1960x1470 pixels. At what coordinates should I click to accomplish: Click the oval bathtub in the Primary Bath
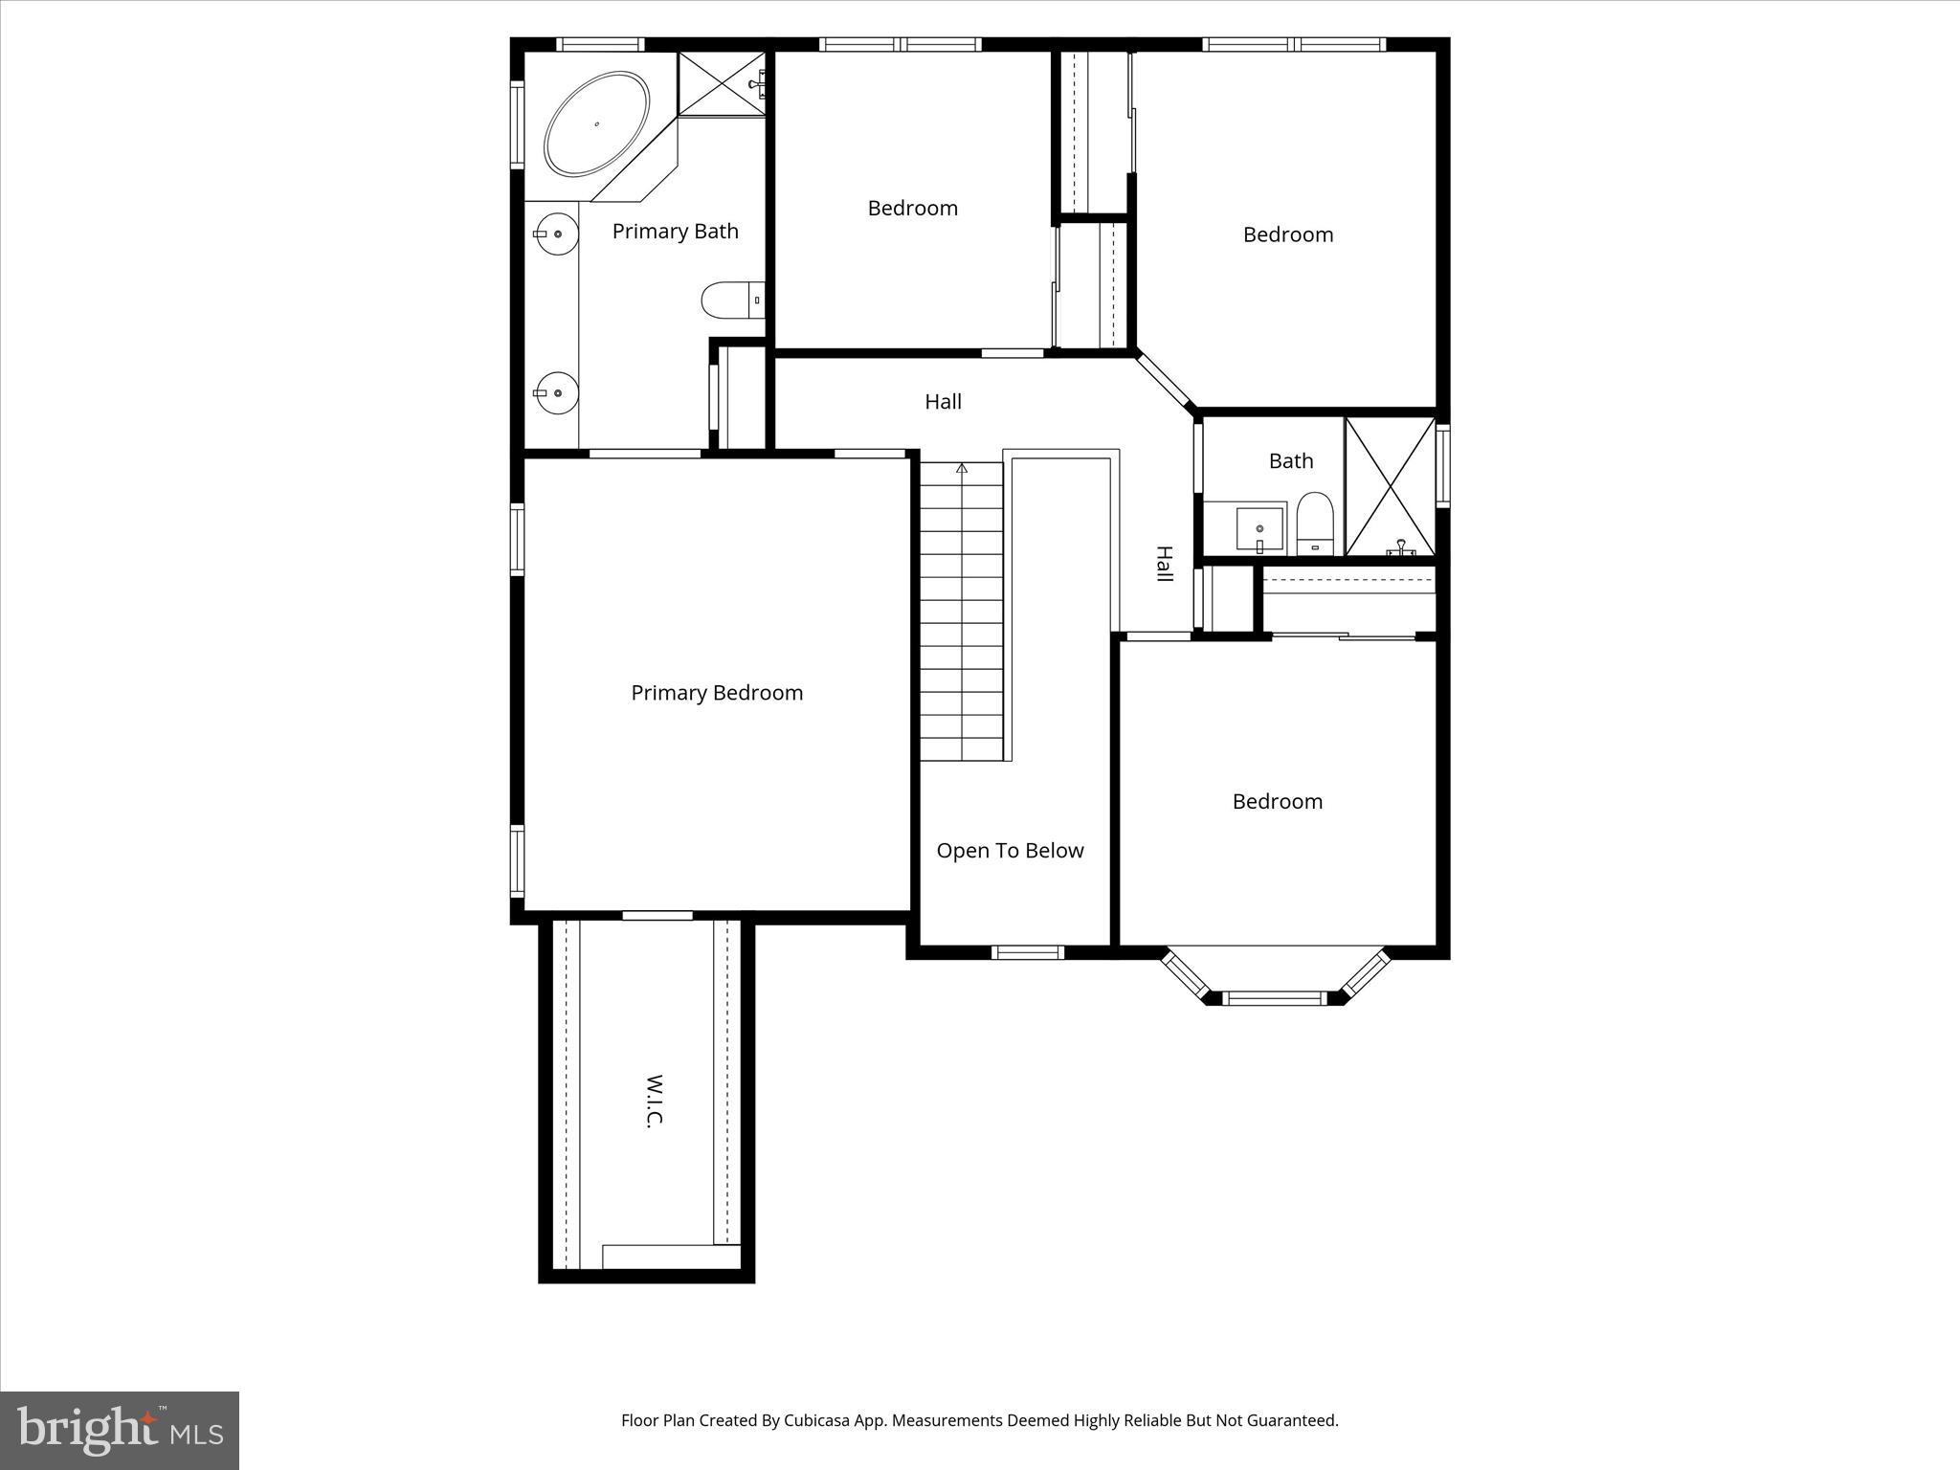[x=596, y=123]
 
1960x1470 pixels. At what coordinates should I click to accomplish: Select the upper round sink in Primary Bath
[x=556, y=234]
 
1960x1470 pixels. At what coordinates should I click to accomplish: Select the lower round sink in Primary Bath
[x=556, y=392]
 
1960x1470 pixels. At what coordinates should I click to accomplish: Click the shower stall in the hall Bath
[x=1391, y=486]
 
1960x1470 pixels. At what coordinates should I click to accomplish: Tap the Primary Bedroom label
[x=717, y=693]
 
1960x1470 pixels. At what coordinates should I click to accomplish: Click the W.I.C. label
[x=655, y=1101]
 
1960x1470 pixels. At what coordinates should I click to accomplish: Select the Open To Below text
[x=1010, y=851]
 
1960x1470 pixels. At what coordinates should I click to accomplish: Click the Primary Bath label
[x=675, y=232]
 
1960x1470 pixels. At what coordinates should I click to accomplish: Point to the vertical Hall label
[x=1164, y=565]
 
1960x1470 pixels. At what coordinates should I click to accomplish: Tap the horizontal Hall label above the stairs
[x=943, y=402]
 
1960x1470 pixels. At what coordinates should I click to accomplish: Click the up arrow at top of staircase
[x=962, y=468]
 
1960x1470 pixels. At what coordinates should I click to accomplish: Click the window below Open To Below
[x=1027, y=952]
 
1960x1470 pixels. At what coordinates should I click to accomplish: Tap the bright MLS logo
[x=120, y=1430]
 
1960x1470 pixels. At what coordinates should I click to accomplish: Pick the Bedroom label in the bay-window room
[x=1277, y=802]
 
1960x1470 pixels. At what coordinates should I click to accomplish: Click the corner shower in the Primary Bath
[x=722, y=84]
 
